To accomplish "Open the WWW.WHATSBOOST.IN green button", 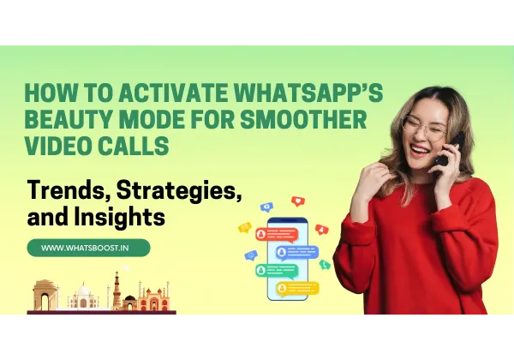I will point(88,248).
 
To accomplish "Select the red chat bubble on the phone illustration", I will point(282,234).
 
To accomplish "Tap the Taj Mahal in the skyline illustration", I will point(83,298).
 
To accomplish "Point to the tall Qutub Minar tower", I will point(117,291).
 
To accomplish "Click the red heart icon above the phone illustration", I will point(297,201).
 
